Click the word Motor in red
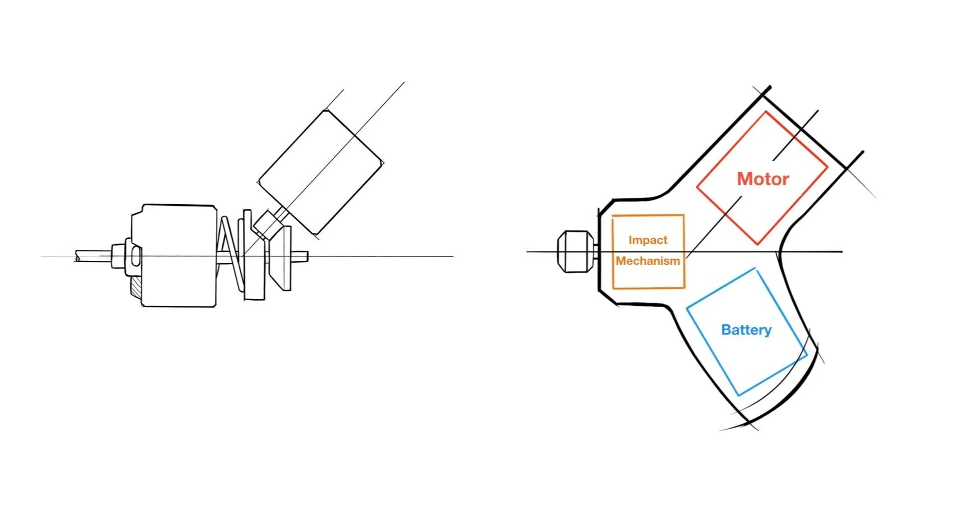pos(762,179)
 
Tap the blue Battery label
pos(746,330)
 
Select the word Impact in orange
pos(648,240)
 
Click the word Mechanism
pos(648,261)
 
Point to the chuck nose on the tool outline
pos(576,251)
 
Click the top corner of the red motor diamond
pos(766,112)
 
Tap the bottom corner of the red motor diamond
pos(757,245)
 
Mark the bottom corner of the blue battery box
pos(738,396)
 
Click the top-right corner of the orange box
pos(684,215)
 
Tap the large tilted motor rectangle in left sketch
pos(320,172)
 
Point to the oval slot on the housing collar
pos(136,256)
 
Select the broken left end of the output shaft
pos(77,256)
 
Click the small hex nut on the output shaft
pos(118,256)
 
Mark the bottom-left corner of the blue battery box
pos(687,308)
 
